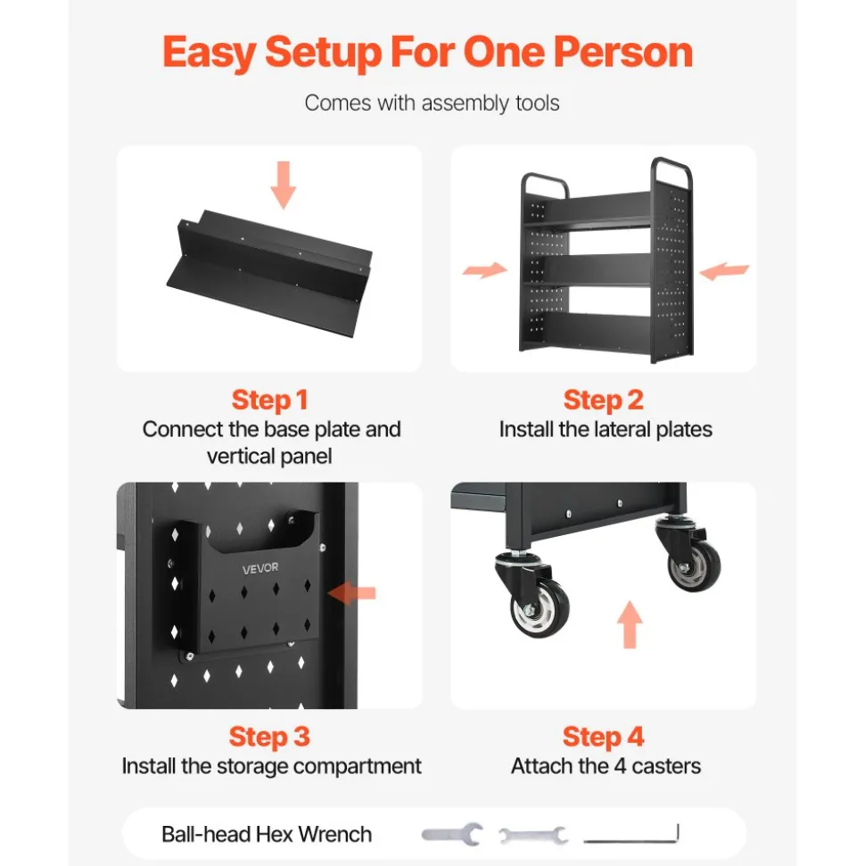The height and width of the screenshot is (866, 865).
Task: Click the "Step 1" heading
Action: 269,400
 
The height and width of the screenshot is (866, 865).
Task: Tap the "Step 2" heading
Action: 603,400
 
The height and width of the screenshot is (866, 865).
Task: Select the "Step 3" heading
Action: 269,737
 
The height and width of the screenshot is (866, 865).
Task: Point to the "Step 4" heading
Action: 603,737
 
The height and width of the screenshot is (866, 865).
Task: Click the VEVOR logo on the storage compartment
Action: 260,568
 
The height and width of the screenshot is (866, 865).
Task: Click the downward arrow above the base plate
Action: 284,185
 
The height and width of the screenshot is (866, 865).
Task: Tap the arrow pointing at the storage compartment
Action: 352,593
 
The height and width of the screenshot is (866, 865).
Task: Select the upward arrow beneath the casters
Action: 630,624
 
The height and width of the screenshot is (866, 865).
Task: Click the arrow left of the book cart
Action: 485,269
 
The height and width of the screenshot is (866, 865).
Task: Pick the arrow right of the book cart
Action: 724,270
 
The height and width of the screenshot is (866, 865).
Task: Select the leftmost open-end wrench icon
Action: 453,834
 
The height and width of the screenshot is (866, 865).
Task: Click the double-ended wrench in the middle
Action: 533,835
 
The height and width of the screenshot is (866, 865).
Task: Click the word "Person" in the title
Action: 623,53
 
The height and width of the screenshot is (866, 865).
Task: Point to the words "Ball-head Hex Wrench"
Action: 267,834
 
